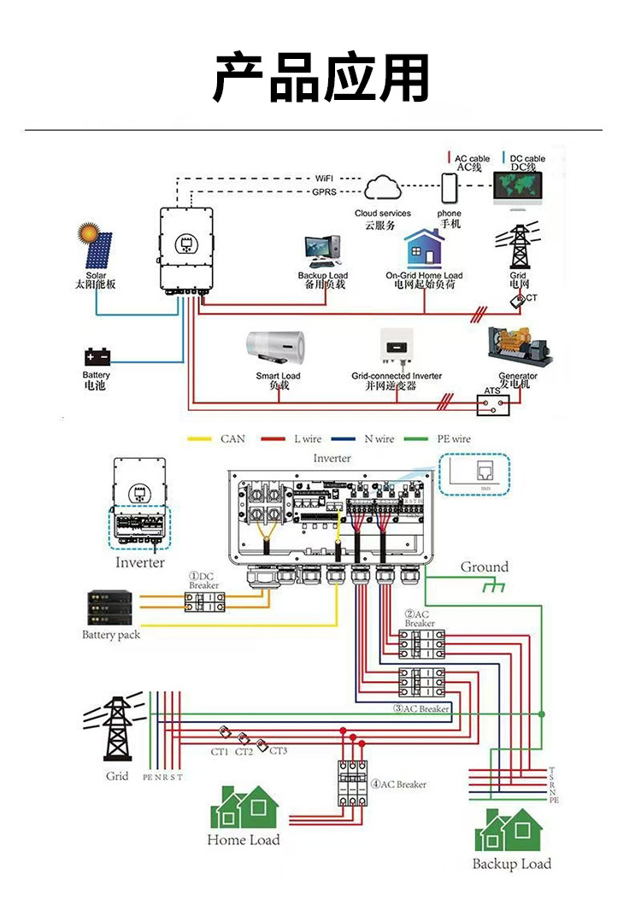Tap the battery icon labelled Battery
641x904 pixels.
click(x=97, y=356)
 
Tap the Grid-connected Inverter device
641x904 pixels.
click(x=397, y=349)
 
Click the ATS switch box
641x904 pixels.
click(x=492, y=402)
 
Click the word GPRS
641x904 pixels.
click(x=323, y=193)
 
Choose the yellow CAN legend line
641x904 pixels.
click(x=200, y=439)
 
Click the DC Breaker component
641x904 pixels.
click(x=204, y=602)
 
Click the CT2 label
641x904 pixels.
click(x=244, y=751)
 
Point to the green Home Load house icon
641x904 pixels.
click(x=244, y=807)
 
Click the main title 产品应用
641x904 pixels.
click(x=320, y=77)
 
